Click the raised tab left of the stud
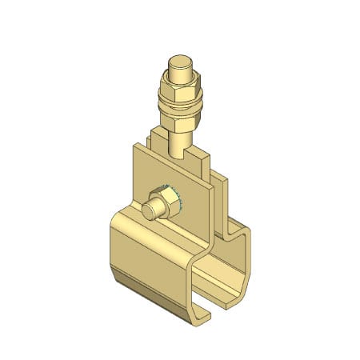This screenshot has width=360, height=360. click(x=156, y=138)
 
